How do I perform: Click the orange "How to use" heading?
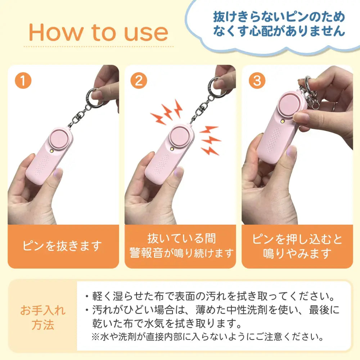[x=98, y=33]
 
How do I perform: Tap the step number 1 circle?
[x=23, y=80]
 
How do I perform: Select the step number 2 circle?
[x=139, y=80]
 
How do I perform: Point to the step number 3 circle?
[x=257, y=80]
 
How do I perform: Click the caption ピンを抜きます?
[x=62, y=246]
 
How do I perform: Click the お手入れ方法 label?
[x=43, y=317]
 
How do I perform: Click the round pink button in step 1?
[x=59, y=139]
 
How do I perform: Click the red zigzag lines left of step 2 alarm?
[x=166, y=112]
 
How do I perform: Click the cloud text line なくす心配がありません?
[x=279, y=31]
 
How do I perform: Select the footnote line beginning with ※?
[x=208, y=337]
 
